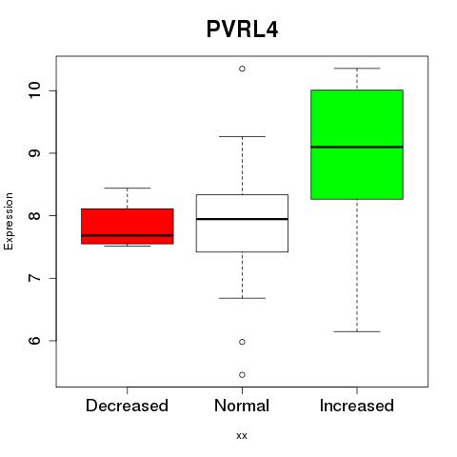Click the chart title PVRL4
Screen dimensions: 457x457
point(242,30)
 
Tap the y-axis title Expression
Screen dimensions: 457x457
point(9,221)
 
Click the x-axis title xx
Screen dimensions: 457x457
point(242,435)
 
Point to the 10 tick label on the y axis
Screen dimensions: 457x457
point(34,90)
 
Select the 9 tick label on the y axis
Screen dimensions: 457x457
point(34,153)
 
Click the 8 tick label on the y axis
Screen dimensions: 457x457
point(34,215)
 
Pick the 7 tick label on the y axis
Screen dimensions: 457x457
point(34,278)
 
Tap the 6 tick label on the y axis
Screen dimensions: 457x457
point(34,341)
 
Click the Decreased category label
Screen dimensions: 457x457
point(127,406)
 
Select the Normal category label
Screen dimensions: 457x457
point(242,406)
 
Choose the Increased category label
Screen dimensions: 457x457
point(357,406)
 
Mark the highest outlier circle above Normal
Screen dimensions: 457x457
point(242,69)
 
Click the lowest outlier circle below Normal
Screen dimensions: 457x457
point(242,375)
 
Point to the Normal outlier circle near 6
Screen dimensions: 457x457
point(242,342)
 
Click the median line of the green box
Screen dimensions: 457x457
point(357,147)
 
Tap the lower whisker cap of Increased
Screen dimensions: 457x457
point(357,331)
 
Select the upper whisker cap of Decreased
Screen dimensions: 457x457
point(128,188)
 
